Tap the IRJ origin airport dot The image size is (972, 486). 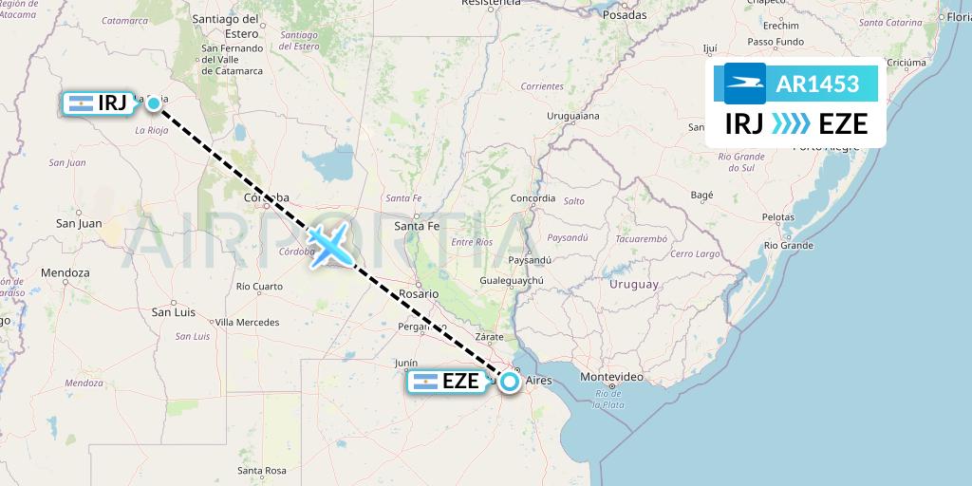pyautogui.click(x=154, y=103)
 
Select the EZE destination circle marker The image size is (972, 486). pyautogui.click(x=510, y=382)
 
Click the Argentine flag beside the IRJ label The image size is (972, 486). pyautogui.click(x=81, y=103)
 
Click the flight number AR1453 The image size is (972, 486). pyautogui.click(x=817, y=84)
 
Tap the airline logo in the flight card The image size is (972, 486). pyautogui.click(x=745, y=84)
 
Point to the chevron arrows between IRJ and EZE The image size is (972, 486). pyautogui.click(x=791, y=123)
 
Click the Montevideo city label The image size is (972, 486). pyautogui.click(x=611, y=377)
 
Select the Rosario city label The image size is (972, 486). pyautogui.click(x=419, y=293)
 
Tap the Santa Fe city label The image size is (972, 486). pyautogui.click(x=417, y=226)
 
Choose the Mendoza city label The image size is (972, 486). pyautogui.click(x=65, y=272)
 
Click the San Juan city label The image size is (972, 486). pyautogui.click(x=79, y=223)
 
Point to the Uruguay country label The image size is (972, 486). pyautogui.click(x=633, y=284)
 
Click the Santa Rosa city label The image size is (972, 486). pyautogui.click(x=262, y=470)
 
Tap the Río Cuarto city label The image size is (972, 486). pyautogui.click(x=259, y=286)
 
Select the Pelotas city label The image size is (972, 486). pyautogui.click(x=777, y=217)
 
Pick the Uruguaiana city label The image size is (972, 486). pyautogui.click(x=573, y=116)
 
